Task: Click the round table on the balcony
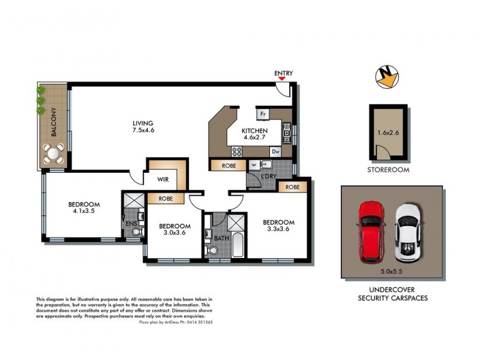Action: tap(55, 155)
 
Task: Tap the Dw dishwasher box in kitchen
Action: tap(275, 152)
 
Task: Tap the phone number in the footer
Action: tap(198, 322)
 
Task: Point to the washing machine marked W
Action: tap(254, 165)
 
